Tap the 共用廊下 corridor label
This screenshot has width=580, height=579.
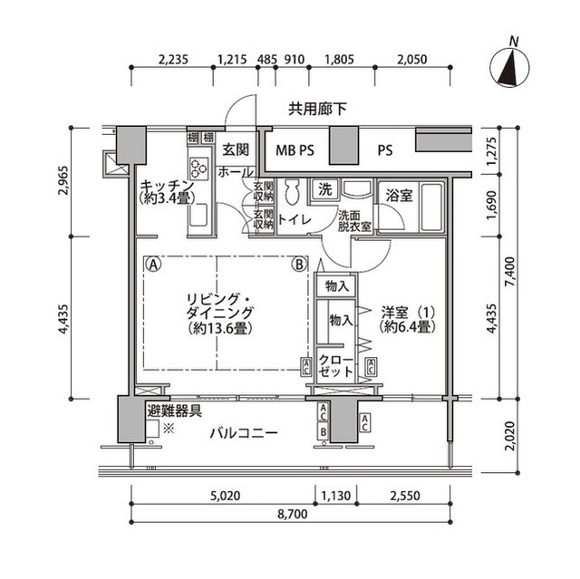click(315, 110)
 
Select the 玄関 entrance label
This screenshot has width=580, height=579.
click(236, 150)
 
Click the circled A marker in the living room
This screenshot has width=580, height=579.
click(154, 265)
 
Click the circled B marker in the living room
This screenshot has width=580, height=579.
click(298, 265)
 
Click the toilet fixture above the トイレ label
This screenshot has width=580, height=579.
click(292, 193)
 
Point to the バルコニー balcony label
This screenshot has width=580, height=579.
click(244, 433)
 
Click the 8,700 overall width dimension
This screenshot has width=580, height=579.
click(292, 513)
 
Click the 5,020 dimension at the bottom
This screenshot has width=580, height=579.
click(223, 496)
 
